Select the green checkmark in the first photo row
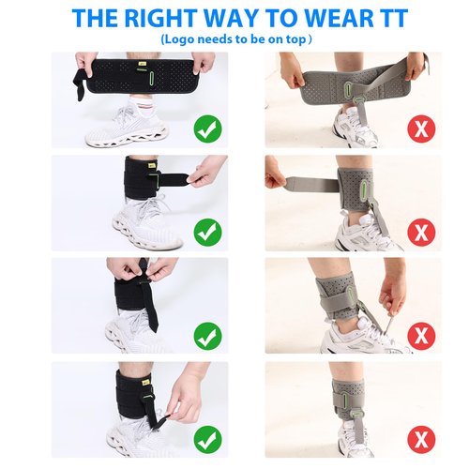pyautogui.click(x=207, y=129)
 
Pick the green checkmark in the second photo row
pyautogui.click(x=207, y=230)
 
